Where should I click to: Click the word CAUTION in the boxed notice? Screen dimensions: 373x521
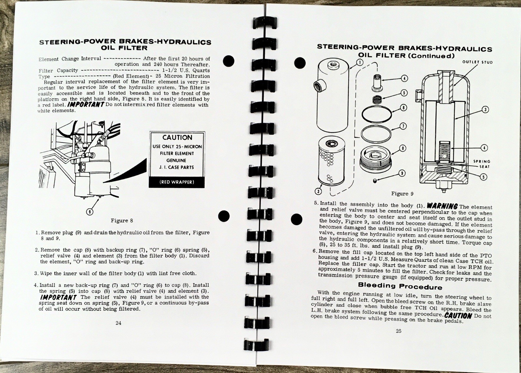[x=177, y=137]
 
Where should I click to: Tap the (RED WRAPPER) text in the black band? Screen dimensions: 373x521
[x=177, y=182]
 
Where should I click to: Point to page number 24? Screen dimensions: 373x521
[x=119, y=323]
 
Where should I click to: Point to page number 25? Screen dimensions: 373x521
[x=399, y=331]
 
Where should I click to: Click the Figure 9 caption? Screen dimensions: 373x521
[x=402, y=194]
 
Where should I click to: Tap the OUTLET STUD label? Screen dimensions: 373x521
[x=477, y=62]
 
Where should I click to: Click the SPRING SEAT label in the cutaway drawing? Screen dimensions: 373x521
[x=482, y=164]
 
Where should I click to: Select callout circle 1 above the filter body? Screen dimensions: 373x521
[x=359, y=62]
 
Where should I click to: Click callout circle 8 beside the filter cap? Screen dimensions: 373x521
[x=402, y=148]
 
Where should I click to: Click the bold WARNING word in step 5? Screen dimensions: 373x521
[x=442, y=206]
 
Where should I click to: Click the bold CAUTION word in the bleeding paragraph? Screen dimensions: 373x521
[x=458, y=315]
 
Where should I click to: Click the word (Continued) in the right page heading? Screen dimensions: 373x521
[x=431, y=55]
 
